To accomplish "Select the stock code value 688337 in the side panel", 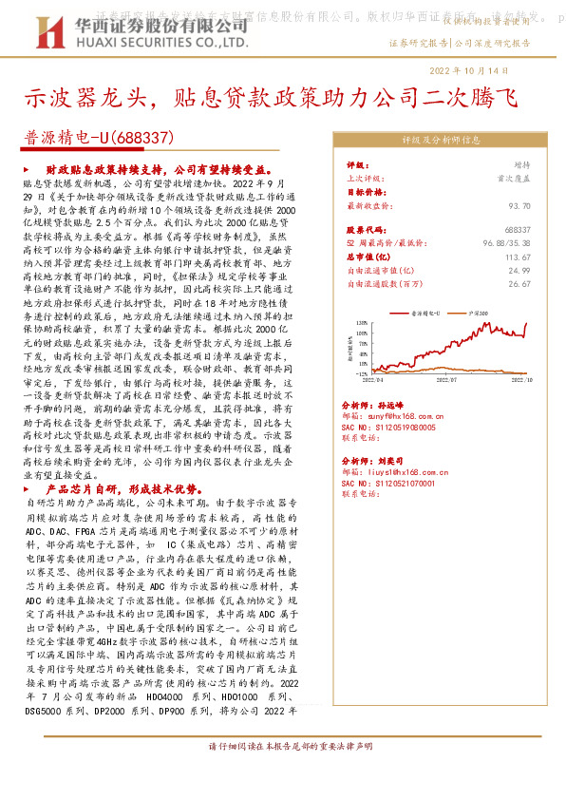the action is point(518,230).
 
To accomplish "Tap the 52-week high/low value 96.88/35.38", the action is point(505,243).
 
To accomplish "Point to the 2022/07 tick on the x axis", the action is point(449,378).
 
